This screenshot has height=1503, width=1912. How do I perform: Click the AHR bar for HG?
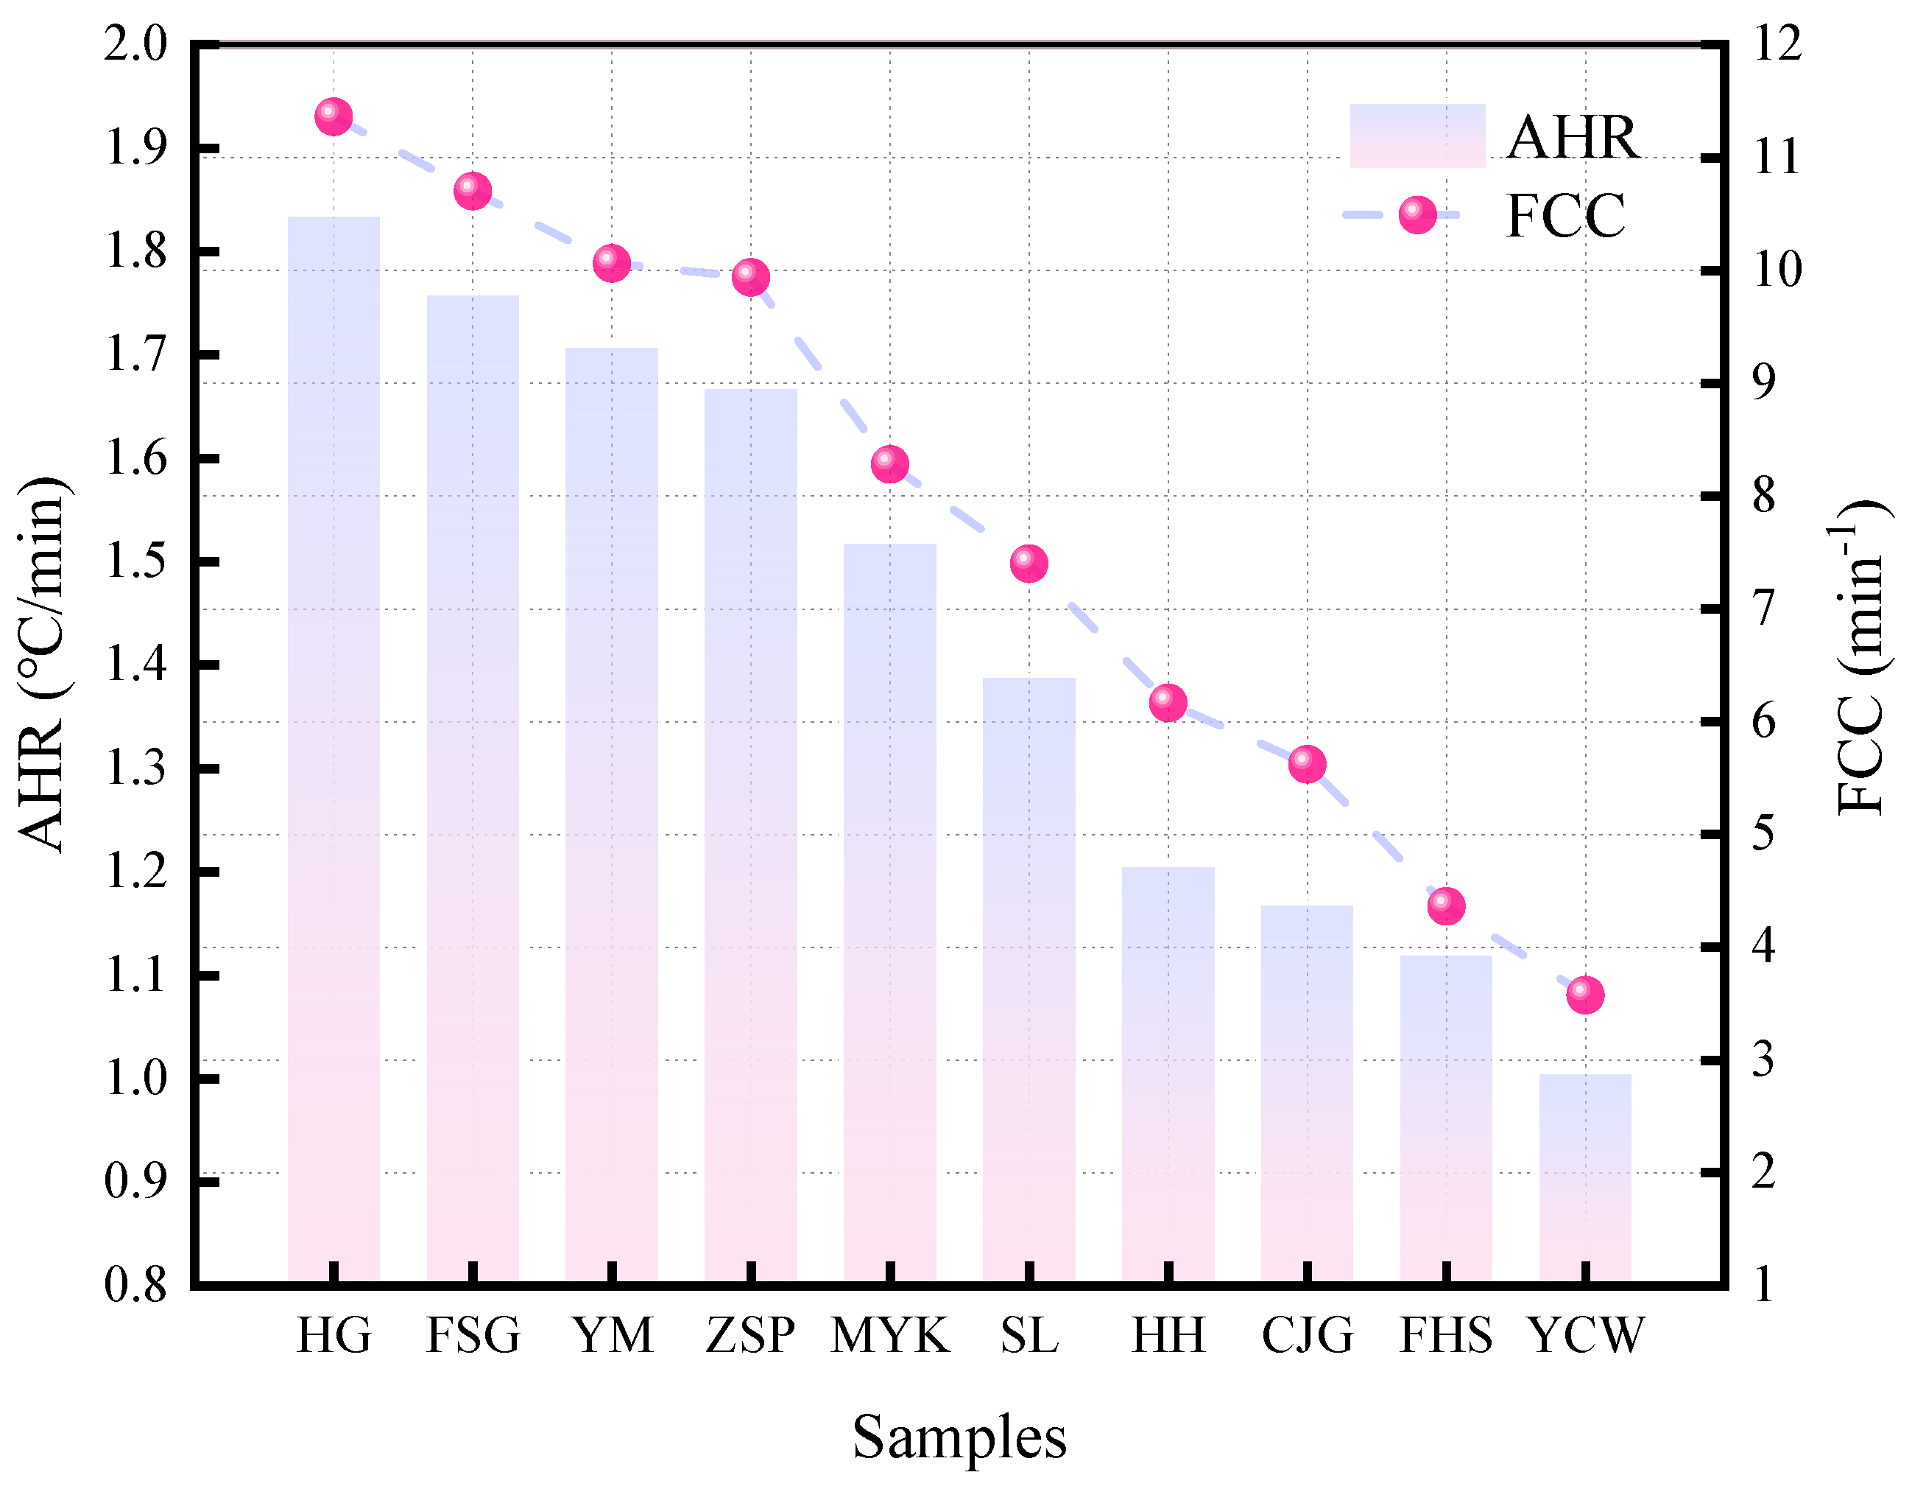click(x=334, y=748)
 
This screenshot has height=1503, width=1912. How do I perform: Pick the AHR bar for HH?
click(x=1168, y=1073)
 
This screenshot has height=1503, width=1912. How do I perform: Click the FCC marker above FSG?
click(x=472, y=191)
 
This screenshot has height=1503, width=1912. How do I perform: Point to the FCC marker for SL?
click(x=1028, y=563)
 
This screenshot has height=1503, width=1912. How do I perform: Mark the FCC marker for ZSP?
click(x=750, y=277)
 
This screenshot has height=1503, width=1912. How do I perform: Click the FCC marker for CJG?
click(x=1307, y=764)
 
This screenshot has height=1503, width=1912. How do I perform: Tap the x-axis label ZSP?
click(x=750, y=1336)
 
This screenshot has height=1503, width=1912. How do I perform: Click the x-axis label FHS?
click(x=1446, y=1336)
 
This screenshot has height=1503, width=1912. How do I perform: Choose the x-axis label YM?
click(x=612, y=1336)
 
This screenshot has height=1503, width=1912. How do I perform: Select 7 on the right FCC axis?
click(x=1763, y=609)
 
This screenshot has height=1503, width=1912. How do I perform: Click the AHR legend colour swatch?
click(x=1417, y=136)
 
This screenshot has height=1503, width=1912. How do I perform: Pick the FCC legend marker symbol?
click(x=1417, y=214)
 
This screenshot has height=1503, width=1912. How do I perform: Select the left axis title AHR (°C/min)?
click(x=42, y=665)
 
